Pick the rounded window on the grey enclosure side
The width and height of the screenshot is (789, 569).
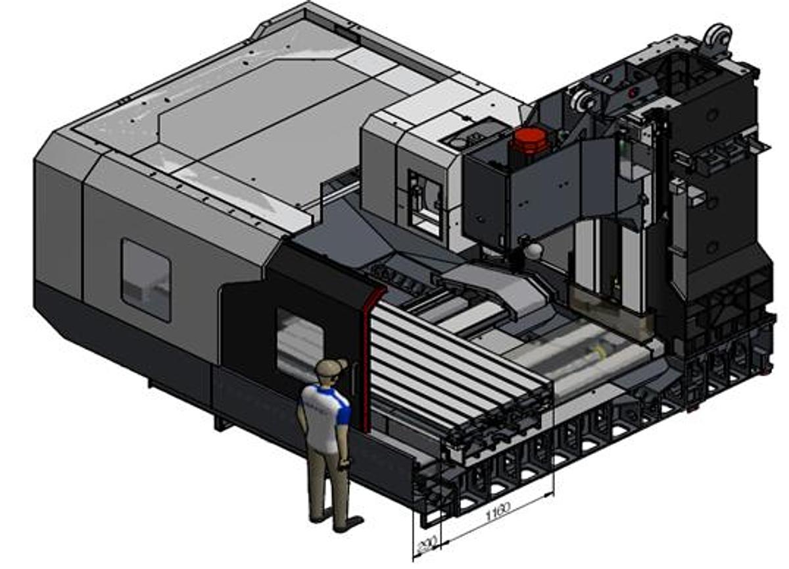[146, 280]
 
